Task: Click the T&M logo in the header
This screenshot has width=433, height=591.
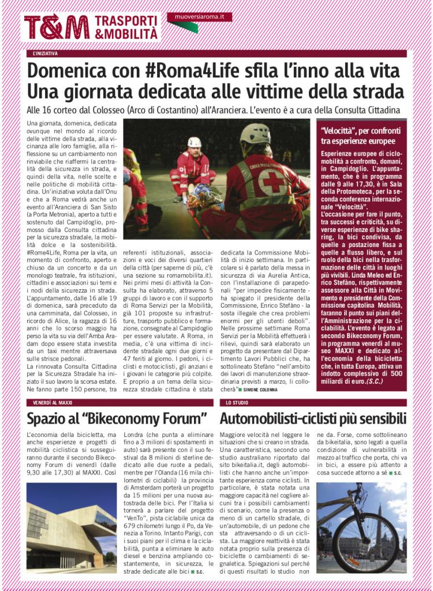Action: click(x=57, y=27)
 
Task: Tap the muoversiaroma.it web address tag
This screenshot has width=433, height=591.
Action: click(x=199, y=17)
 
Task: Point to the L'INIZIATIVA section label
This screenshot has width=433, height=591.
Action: click(x=46, y=54)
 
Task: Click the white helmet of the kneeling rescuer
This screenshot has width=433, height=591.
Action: click(x=195, y=142)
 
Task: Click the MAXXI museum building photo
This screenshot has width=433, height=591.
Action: click(x=71, y=525)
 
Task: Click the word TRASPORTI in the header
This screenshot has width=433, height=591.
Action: click(x=125, y=21)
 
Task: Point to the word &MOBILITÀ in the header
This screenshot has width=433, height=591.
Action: click(x=125, y=34)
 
